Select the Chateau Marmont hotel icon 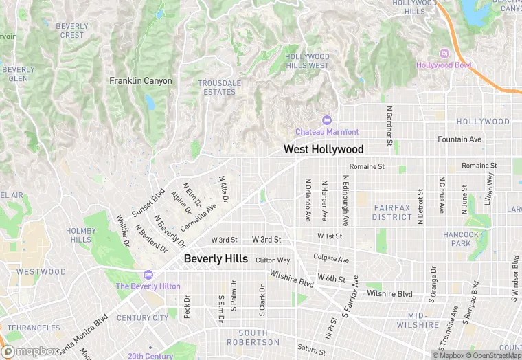[x=326, y=121]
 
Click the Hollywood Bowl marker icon [x=444, y=54]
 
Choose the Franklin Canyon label [x=141, y=81]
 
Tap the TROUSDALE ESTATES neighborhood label [x=220, y=87]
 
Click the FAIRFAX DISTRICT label [x=392, y=212]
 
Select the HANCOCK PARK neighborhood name [x=461, y=239]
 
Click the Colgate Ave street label [x=331, y=260]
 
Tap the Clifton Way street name [x=273, y=260]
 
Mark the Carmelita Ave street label [x=198, y=217]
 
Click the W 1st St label [x=330, y=236]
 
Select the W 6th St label [x=331, y=278]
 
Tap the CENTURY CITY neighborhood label [x=142, y=318]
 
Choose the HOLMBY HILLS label [x=80, y=235]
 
